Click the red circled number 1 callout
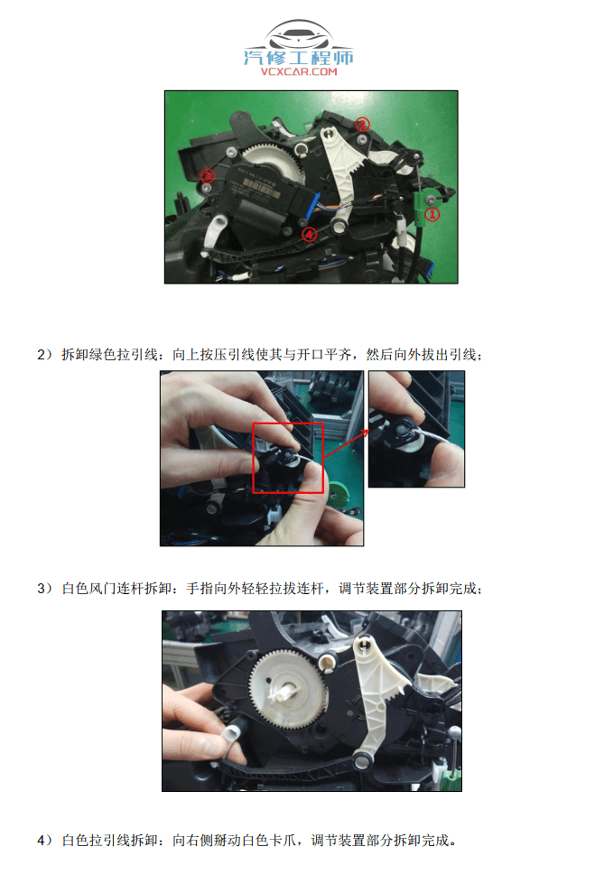click(x=432, y=215)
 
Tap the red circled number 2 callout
click(x=207, y=175)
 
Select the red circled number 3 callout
click(x=361, y=125)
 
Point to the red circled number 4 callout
click(x=309, y=233)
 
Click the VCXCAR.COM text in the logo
click(x=298, y=71)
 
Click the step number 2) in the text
click(x=45, y=354)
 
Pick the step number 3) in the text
click(x=45, y=589)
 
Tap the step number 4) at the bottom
click(x=45, y=841)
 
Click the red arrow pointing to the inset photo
click(x=348, y=442)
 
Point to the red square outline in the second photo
click(x=288, y=457)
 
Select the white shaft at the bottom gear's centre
click(x=282, y=693)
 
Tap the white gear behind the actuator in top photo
click(x=274, y=164)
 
